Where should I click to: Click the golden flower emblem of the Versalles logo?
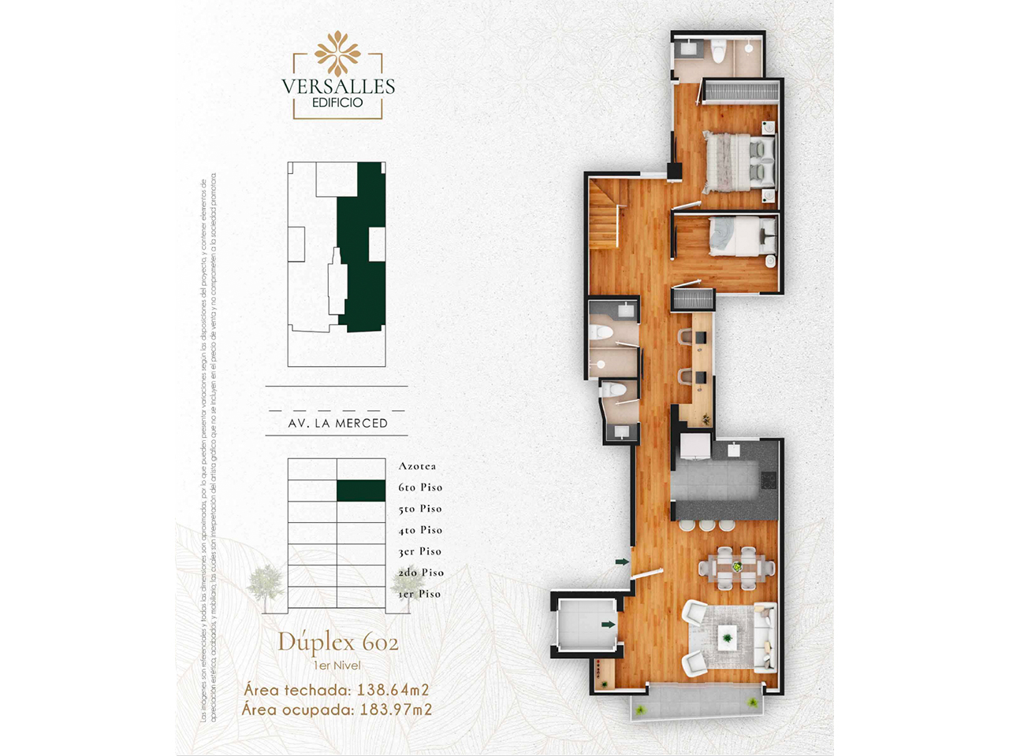pos(337,54)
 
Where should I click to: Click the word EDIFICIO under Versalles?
pos(337,102)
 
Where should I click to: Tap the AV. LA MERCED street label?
pos(337,423)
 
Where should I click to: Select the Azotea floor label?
pos(417,466)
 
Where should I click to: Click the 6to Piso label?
pos(420,487)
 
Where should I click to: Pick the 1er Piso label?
pos(419,594)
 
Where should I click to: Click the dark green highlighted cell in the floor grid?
pos(361,491)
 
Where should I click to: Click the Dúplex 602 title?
pos(337,643)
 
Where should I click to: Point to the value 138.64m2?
pos(393,690)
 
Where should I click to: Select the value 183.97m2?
pos(396,710)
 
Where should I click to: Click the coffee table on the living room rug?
pos(727,635)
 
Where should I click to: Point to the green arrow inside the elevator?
pos(608,624)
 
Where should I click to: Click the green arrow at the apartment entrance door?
pos(622,561)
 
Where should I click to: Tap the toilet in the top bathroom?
pos(717,52)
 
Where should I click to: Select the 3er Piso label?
pos(419,551)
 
